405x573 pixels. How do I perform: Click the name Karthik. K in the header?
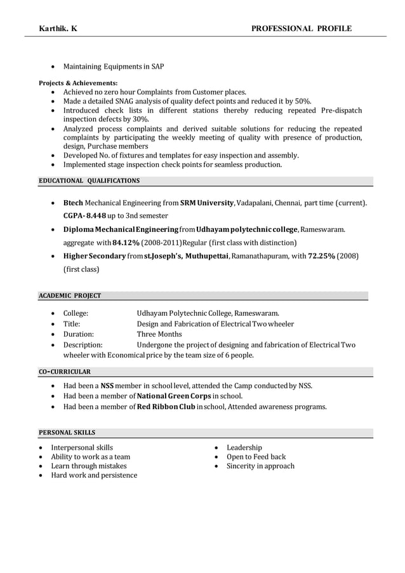click(59, 28)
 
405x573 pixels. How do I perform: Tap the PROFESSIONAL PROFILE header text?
click(301, 28)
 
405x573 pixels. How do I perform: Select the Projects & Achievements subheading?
click(78, 83)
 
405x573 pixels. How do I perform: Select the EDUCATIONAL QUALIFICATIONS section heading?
click(90, 181)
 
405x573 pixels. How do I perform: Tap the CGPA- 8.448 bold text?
click(84, 216)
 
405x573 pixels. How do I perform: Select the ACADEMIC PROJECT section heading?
click(70, 295)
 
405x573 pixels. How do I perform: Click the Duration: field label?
click(79, 334)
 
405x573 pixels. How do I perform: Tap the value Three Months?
click(159, 334)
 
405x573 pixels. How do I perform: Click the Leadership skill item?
click(244, 448)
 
